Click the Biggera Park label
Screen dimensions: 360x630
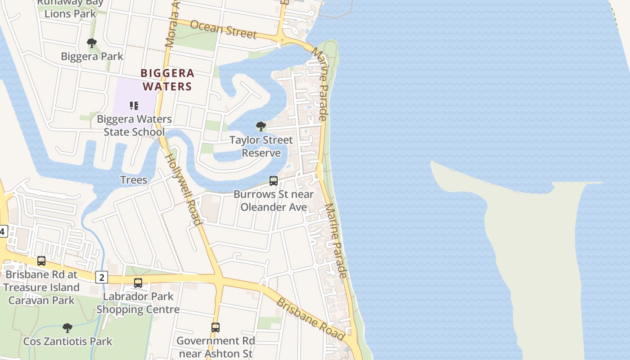[x=92, y=56]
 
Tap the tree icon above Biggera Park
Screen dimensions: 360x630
[x=92, y=43]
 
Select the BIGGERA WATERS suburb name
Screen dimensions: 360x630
[x=167, y=79]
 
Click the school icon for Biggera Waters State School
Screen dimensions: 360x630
[x=134, y=106]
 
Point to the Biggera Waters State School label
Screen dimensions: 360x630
[x=134, y=126]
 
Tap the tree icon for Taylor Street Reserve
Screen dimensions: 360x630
[x=261, y=126]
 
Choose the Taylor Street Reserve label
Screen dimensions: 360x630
[x=261, y=146]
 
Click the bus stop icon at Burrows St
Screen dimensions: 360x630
[x=273, y=181]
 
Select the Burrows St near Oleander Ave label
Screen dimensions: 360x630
[x=274, y=201]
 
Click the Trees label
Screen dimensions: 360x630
[x=134, y=180]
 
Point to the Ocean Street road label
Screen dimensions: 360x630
[x=223, y=29]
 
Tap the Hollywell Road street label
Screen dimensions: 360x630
[x=184, y=189]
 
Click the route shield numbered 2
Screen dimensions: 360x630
[x=101, y=277]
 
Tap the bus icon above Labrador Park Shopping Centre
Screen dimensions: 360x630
[x=138, y=283]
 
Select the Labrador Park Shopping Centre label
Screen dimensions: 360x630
[x=138, y=303]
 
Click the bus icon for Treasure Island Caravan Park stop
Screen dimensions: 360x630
[x=41, y=261]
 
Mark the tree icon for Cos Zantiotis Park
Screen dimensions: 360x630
[x=67, y=328]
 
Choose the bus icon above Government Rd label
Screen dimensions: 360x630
[x=216, y=328]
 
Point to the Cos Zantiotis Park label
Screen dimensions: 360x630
[x=67, y=341]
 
